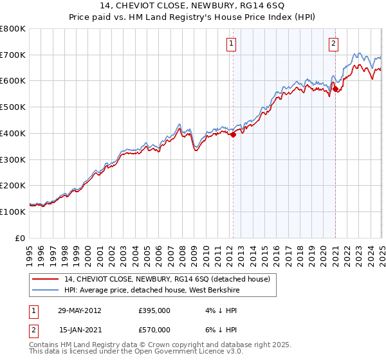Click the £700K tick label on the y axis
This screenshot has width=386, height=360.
[14, 55]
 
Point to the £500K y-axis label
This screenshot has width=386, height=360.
[14, 107]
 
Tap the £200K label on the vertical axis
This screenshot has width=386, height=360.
[14, 186]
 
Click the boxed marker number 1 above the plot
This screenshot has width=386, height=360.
[230, 44]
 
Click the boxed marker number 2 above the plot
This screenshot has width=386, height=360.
[334, 44]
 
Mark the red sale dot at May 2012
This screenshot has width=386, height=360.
[234, 134]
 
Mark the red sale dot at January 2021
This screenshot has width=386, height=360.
[335, 89]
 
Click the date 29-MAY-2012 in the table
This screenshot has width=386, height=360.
[79, 310]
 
